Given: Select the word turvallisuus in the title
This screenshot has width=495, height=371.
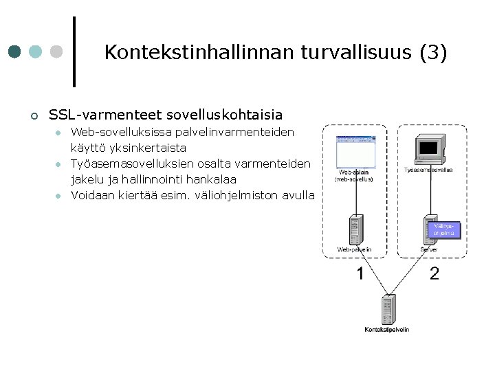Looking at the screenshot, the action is [x=336, y=52].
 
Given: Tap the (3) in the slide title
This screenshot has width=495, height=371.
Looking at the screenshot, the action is [x=434, y=52].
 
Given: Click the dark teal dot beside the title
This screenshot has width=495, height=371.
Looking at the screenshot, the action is [x=15, y=52].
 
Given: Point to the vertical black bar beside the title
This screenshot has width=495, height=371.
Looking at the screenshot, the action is [x=74, y=52].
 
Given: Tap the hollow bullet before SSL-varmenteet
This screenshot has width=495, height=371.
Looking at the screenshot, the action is [x=34, y=115].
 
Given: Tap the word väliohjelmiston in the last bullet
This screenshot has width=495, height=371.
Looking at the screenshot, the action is [x=232, y=194].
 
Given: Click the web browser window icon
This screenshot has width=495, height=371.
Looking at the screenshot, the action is [x=356, y=152].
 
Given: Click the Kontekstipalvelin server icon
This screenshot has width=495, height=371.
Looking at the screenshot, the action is [x=388, y=309].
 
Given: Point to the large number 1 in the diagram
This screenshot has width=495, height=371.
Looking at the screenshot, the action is [x=360, y=274].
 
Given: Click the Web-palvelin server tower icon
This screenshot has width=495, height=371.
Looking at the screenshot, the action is [x=355, y=229].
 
